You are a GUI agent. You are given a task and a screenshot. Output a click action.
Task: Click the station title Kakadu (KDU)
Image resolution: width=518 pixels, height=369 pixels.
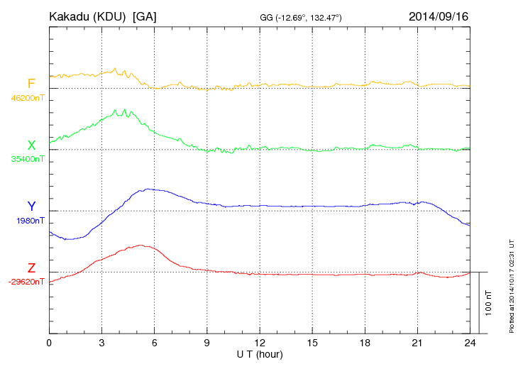tap(89, 16)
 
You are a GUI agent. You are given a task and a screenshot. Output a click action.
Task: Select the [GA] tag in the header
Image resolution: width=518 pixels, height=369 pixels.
tap(145, 16)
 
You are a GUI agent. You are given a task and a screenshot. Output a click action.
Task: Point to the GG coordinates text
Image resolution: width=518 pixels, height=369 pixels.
tap(302, 17)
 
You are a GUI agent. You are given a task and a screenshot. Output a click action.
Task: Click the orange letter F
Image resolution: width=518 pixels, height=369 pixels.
tap(31, 84)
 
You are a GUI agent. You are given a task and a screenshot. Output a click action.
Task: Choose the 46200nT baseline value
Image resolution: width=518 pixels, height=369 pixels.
tap(27, 98)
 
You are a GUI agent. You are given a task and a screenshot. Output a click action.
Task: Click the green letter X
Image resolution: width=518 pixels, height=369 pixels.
tap(31, 145)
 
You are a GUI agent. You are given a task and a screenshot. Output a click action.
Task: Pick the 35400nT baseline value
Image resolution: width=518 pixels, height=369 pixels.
tap(27, 159)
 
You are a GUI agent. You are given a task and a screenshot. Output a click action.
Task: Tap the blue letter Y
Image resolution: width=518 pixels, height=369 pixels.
tap(31, 206)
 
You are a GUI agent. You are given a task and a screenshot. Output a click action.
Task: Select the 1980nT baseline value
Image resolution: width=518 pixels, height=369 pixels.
tap(29, 221)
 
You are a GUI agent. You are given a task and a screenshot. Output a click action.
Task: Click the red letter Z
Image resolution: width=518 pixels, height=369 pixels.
tap(31, 268)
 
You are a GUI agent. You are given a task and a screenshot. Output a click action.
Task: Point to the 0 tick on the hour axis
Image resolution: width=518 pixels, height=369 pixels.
tap(49, 343)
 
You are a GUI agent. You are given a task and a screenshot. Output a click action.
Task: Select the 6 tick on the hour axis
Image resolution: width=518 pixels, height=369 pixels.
tap(155, 343)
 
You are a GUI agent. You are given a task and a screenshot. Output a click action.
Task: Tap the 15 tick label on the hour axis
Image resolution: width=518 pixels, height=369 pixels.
tap(312, 343)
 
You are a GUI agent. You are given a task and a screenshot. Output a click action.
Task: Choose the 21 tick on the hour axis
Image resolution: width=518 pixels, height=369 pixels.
tap(417, 343)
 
